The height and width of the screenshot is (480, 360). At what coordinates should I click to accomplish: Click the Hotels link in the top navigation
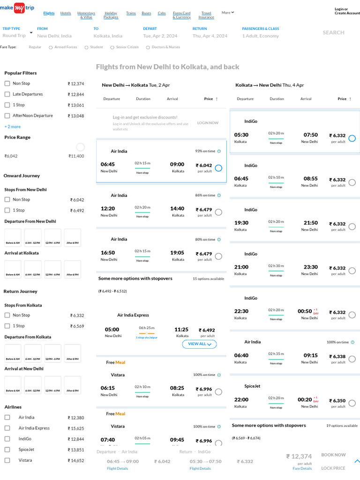pos(66,13)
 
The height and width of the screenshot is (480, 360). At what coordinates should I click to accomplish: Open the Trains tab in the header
pos(131,13)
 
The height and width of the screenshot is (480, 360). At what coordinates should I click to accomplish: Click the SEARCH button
pos(333,33)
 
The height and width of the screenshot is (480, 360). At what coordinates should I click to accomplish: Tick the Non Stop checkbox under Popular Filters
pos(7,83)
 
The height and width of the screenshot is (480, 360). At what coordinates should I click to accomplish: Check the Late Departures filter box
pos(7,94)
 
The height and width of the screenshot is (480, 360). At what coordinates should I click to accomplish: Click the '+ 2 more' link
pos(13,127)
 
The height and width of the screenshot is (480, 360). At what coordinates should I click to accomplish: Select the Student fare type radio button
pos(86,47)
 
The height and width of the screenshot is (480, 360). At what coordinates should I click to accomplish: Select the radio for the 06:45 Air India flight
pos(218,168)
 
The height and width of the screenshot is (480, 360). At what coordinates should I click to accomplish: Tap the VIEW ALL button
pos(199,344)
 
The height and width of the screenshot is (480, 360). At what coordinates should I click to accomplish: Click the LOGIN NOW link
pos(208,123)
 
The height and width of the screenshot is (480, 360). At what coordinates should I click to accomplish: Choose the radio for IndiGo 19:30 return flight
pos(352,226)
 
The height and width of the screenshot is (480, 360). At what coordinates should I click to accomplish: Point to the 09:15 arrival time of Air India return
pos(310,355)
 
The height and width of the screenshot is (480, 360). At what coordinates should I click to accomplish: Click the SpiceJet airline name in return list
pos(252,386)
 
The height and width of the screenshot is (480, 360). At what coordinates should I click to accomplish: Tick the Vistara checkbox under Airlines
pos(7,460)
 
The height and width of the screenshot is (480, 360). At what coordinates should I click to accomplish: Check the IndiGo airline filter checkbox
pos(7,439)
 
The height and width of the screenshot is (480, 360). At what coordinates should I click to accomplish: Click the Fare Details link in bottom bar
pos(302,468)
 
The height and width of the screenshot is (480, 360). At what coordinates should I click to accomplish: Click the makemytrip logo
pos(17,8)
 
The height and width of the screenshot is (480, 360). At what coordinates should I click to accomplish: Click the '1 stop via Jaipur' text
pos(146,337)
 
